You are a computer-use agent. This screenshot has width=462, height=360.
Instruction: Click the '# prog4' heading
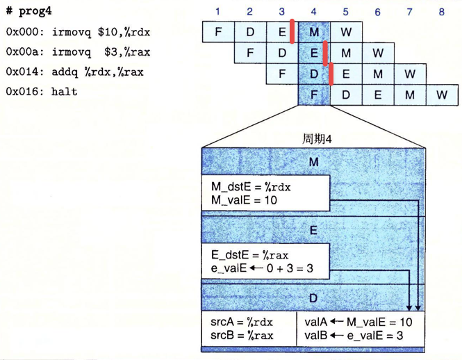pos(29,11)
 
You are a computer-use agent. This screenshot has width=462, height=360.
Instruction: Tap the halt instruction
pos(64,92)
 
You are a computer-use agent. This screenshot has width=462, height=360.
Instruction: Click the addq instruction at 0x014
pos(97,72)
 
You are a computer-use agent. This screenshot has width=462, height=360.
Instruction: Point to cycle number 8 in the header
pos(441,12)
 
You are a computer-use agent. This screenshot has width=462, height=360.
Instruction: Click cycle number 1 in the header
pos(217,12)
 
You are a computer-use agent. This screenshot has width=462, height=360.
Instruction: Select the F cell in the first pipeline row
pos(218,31)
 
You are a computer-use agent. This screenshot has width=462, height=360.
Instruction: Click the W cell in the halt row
pos(442,95)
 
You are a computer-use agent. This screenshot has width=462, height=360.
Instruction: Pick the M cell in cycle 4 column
pos(314,32)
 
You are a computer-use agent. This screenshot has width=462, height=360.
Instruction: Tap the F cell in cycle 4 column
pos(314,95)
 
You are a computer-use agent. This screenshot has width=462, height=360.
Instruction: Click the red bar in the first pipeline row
pos(292,31)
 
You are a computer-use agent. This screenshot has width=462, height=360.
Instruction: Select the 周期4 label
pos(317,139)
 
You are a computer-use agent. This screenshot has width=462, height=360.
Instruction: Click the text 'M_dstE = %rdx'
pos(251,187)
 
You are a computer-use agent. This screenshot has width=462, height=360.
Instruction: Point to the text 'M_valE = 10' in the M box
pos(244,200)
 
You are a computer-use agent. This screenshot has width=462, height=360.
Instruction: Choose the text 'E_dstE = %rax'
pos(249,255)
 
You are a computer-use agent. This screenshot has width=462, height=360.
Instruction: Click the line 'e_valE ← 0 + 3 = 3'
pos(262,268)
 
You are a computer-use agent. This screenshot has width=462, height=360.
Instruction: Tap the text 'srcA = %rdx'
pos(242,322)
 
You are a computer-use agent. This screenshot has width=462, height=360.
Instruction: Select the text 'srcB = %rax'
pos(242,336)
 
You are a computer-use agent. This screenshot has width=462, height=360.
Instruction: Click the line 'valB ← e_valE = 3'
pos(354,336)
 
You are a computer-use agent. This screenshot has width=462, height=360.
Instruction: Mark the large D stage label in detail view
pos(313,298)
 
